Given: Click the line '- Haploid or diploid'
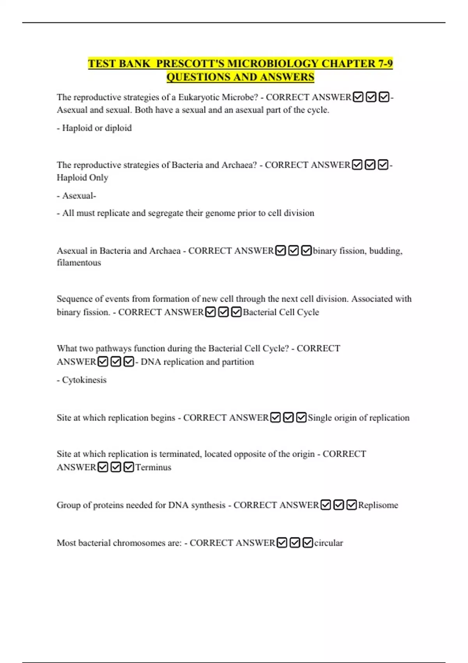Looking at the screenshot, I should click(x=94, y=128).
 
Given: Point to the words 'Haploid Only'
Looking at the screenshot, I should click(x=82, y=177).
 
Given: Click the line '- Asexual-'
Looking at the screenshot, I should click(x=76, y=195).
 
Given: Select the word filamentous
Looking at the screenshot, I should click(x=79, y=262).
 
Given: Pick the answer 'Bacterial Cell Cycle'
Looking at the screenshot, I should click(x=281, y=312).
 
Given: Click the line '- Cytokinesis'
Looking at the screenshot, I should click(x=82, y=380).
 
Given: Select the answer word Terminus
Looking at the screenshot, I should click(x=153, y=467).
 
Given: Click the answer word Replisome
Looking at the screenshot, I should click(x=378, y=505).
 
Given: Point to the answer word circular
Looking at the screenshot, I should click(x=328, y=543).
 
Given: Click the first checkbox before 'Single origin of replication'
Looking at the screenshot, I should click(x=275, y=418).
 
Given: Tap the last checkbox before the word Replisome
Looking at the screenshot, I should click(x=351, y=505).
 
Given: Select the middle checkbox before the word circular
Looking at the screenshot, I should click(x=295, y=543).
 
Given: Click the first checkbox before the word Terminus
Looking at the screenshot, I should click(x=103, y=467).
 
